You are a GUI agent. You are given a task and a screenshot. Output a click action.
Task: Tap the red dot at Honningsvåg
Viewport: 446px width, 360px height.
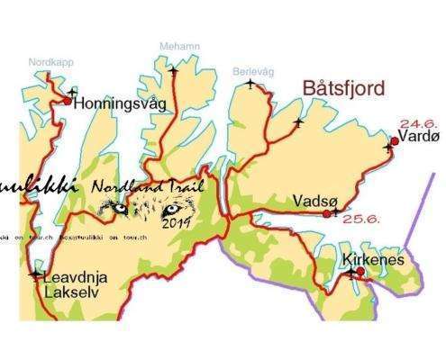point(67,102)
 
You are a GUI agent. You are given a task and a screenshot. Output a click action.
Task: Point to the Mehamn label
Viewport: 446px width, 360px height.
point(178,46)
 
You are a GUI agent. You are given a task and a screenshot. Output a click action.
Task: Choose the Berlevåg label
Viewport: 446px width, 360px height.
point(251,71)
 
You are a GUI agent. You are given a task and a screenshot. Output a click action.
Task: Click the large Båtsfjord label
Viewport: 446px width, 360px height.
point(344,89)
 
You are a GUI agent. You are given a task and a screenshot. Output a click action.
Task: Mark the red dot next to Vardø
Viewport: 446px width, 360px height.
point(395,140)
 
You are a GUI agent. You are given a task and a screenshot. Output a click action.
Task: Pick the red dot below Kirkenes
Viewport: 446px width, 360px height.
point(360,271)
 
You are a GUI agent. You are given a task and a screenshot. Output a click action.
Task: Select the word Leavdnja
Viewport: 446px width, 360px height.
point(76,277)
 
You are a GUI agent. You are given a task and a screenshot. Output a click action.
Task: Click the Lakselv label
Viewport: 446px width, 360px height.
point(68,292)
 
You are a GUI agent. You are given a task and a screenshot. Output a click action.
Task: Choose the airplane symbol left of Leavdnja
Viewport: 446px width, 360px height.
point(35,274)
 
